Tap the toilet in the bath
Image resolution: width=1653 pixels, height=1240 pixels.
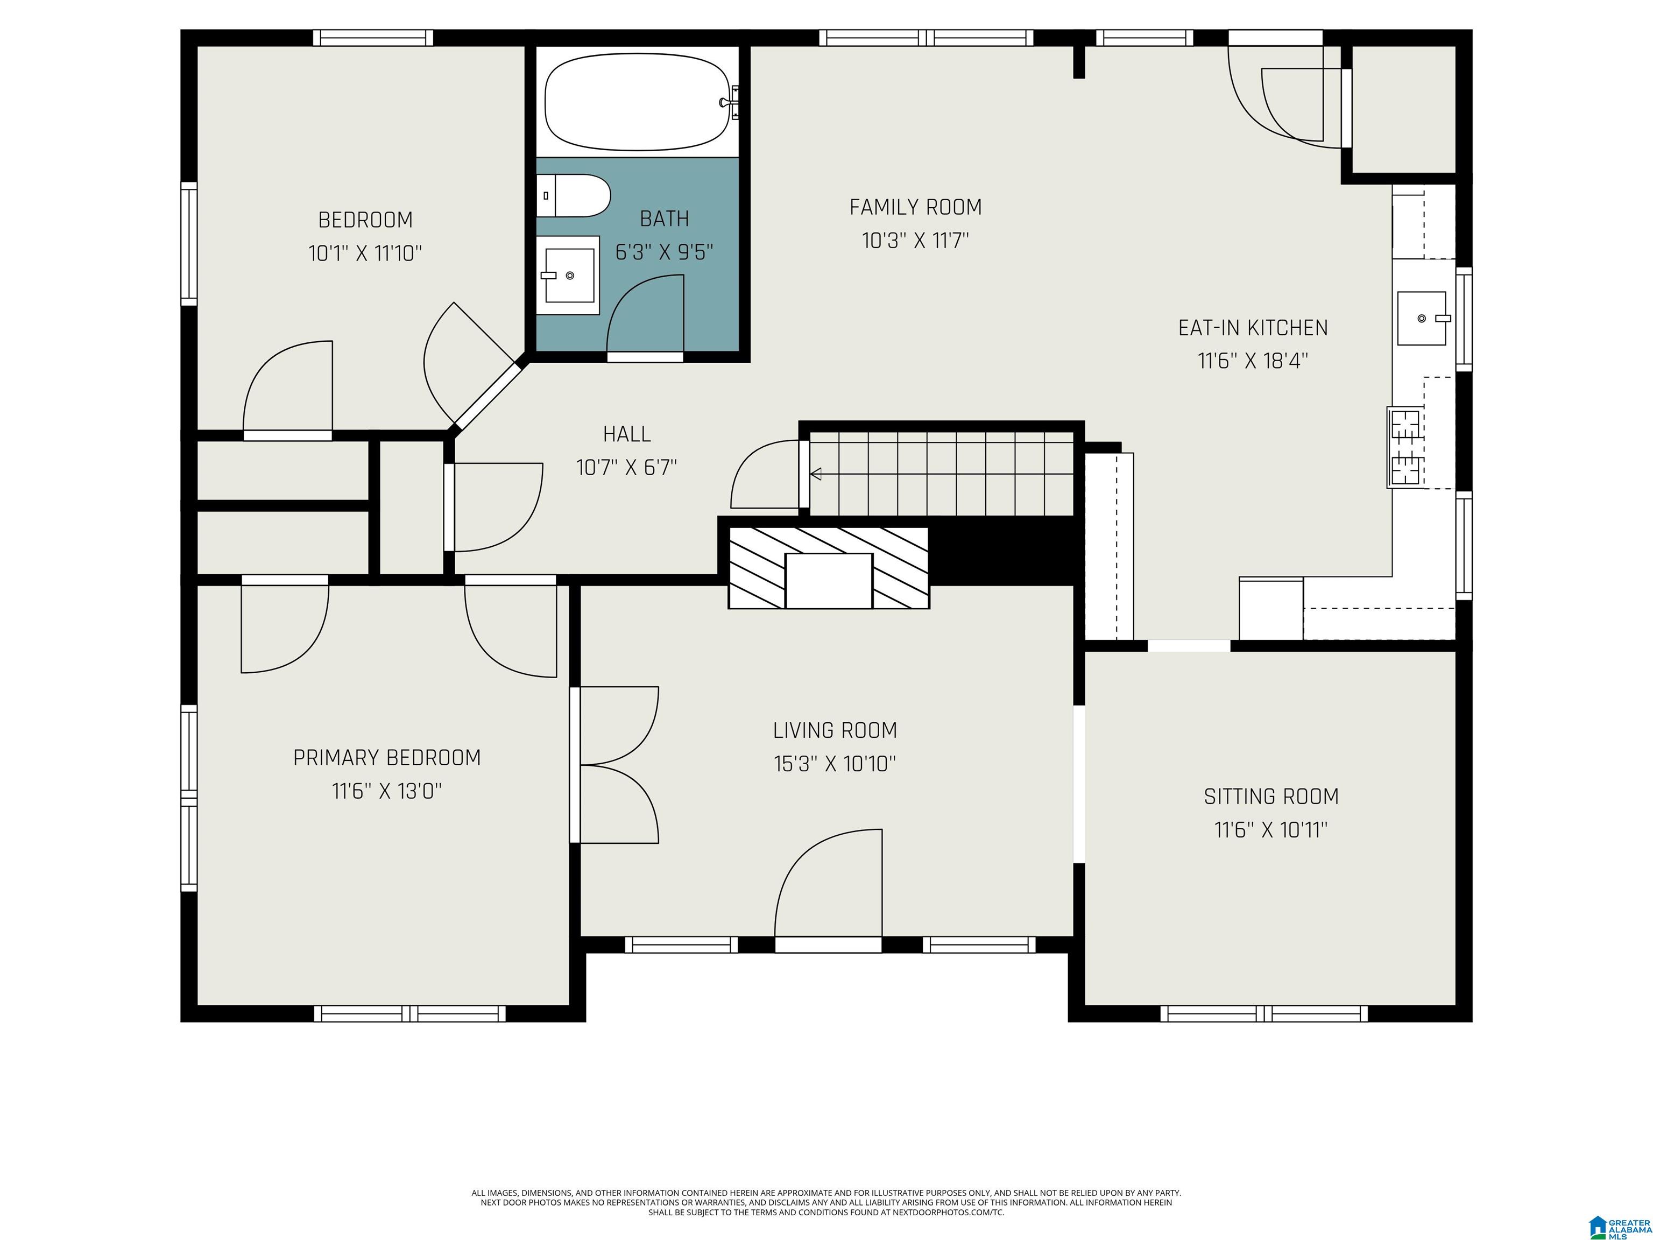pyautogui.click(x=573, y=196)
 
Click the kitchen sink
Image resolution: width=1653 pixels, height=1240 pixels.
pyautogui.click(x=1423, y=319)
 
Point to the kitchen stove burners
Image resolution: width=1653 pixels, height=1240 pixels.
pyautogui.click(x=1405, y=447)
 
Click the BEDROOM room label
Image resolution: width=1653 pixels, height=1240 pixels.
pyautogui.click(x=365, y=220)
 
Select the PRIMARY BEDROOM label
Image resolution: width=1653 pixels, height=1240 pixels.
pyautogui.click(x=387, y=758)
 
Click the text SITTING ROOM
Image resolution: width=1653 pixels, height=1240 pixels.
pyautogui.click(x=1271, y=797)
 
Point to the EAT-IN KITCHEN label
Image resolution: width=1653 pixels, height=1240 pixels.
pyautogui.click(x=1253, y=328)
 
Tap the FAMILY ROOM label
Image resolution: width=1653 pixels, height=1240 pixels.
pyautogui.click(x=915, y=207)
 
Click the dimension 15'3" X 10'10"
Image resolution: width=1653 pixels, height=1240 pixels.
pyautogui.click(x=835, y=764)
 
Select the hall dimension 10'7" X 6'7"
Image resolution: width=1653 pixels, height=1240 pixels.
pyautogui.click(x=627, y=468)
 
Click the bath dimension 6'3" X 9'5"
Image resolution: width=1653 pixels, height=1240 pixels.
pyautogui.click(x=665, y=252)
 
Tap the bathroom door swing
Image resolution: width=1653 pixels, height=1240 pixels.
pyautogui.click(x=646, y=314)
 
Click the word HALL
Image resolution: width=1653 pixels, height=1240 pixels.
pyautogui.click(x=627, y=434)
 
